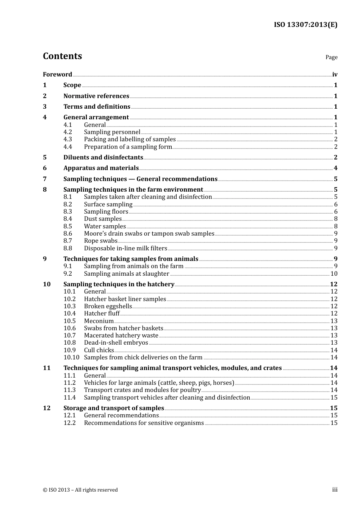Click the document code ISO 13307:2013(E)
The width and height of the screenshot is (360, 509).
click(x=305, y=25)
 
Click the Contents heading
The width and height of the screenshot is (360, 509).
click(x=62, y=56)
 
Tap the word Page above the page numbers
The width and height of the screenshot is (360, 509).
click(x=331, y=57)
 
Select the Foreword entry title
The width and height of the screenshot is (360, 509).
click(x=57, y=74)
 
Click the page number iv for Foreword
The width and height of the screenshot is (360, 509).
click(x=335, y=75)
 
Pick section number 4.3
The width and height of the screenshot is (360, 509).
click(x=67, y=139)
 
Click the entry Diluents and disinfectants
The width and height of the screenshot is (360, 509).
click(x=103, y=157)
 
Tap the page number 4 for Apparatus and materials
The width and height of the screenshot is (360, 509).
click(x=335, y=168)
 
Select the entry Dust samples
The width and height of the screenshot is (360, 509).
click(x=103, y=219)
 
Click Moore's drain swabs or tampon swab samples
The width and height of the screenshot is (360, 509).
click(x=149, y=234)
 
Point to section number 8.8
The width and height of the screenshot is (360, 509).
click(x=67, y=248)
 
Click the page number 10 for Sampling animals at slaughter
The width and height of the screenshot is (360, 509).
click(x=333, y=274)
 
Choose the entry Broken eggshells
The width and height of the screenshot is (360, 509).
click(x=108, y=306)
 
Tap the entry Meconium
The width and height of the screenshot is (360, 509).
click(x=99, y=321)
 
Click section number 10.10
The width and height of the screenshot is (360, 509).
click(x=71, y=358)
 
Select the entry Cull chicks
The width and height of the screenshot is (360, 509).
click(x=99, y=350)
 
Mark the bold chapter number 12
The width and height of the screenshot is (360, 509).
click(x=47, y=408)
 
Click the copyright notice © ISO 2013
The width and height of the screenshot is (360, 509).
click(x=80, y=490)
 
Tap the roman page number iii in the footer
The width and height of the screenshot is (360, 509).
click(x=335, y=490)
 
